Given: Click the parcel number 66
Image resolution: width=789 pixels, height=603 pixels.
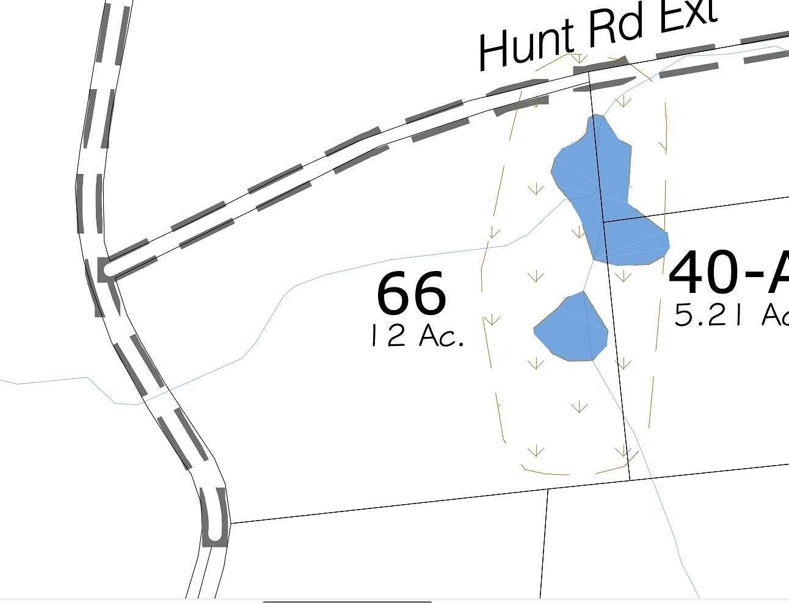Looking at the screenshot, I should tap(412, 294).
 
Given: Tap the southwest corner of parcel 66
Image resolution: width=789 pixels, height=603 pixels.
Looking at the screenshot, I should tap(230, 523).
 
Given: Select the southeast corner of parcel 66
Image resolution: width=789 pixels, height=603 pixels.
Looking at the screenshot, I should tap(629, 479).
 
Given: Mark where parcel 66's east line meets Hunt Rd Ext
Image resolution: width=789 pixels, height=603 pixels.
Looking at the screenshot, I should tap(589, 72).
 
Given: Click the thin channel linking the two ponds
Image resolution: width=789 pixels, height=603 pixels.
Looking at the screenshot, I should tap(589, 277).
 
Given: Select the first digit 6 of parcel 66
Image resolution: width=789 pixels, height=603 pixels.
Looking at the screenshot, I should tap(394, 294).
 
